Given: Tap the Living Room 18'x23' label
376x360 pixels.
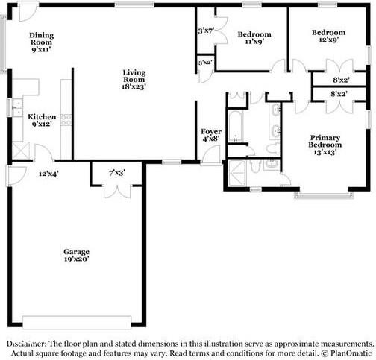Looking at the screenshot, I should click(x=134, y=79).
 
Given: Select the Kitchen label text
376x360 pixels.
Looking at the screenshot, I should click(x=41, y=121).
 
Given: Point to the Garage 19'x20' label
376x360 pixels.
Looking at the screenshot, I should click(x=76, y=256).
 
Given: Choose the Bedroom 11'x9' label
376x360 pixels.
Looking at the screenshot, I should click(x=254, y=39).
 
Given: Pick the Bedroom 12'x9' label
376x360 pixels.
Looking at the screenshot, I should click(x=328, y=37).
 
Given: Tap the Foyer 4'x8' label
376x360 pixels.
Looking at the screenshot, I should click(x=210, y=135).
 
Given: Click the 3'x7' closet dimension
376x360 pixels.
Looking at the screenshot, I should click(x=206, y=31).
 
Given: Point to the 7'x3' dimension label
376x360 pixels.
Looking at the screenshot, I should click(x=117, y=173).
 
